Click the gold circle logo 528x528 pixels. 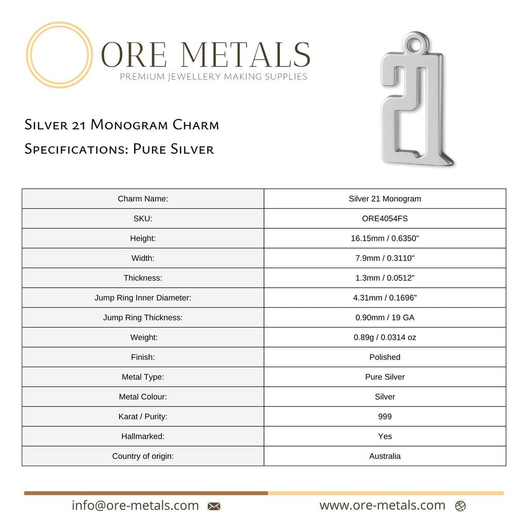click(59, 55)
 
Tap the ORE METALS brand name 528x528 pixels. click(206, 54)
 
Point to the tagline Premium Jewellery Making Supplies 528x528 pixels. click(213, 77)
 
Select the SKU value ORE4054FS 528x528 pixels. click(385, 219)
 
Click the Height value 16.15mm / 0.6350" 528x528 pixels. click(385, 238)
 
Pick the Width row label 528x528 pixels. click(143, 258)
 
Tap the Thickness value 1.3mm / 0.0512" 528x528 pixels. click(385, 278)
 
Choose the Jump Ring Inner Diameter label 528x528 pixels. click(143, 298)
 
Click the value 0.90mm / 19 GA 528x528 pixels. click(385, 318)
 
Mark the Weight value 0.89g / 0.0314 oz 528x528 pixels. click(385, 338)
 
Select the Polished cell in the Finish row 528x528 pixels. click(385, 357)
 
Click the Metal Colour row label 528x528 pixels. click(143, 397)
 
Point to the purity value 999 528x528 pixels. click(385, 417)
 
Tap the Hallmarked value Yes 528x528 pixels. click(385, 437)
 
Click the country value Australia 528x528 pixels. click(385, 456)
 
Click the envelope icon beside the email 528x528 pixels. click(214, 506)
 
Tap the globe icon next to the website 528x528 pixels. click(460, 506)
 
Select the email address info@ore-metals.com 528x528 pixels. click(135, 506)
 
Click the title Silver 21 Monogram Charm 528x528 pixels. click(122, 125)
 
